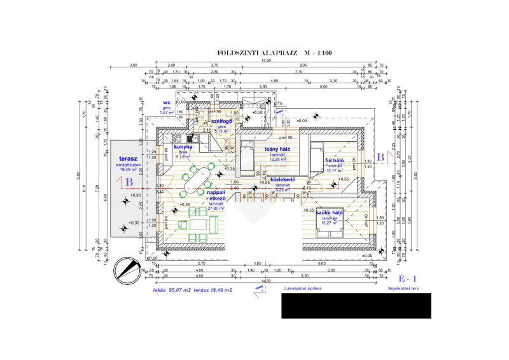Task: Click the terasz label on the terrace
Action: point(129,160)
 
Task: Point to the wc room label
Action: point(167,102)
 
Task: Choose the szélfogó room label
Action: point(222,121)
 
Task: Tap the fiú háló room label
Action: point(334,161)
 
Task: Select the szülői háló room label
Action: point(330,212)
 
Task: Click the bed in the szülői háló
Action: point(330,224)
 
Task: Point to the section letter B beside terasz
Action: point(129,182)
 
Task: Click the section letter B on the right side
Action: point(380,156)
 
